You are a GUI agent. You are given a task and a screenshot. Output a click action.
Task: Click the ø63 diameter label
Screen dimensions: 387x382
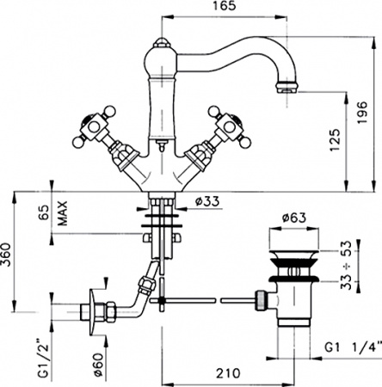point(294,219)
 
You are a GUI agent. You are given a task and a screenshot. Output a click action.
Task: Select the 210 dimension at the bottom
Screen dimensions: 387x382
point(227,375)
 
